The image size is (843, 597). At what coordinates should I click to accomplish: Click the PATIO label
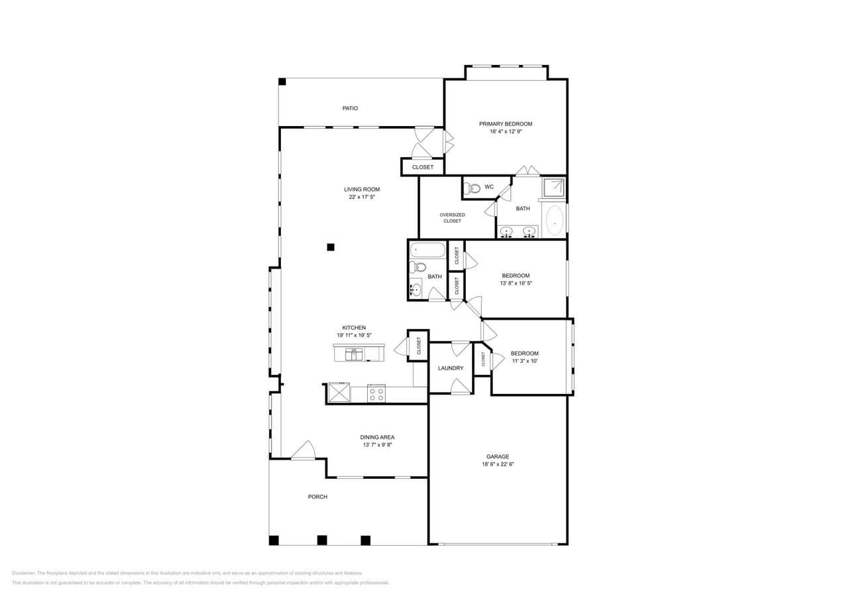pyautogui.click(x=350, y=108)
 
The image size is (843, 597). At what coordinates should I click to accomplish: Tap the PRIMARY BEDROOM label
pyautogui.click(x=506, y=124)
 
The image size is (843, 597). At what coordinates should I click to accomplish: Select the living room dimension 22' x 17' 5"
pyautogui.click(x=362, y=197)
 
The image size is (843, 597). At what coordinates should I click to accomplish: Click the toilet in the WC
pyautogui.click(x=472, y=188)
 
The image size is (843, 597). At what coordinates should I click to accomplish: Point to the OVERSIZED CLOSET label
pyautogui.click(x=452, y=218)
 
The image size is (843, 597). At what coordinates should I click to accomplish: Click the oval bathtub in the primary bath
pyautogui.click(x=554, y=220)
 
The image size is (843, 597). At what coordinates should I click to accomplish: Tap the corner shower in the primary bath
pyautogui.click(x=553, y=188)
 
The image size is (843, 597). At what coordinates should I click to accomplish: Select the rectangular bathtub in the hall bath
pyautogui.click(x=427, y=250)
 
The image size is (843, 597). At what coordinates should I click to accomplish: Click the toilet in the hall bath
pyautogui.click(x=418, y=267)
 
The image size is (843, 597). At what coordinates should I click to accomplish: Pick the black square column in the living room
pyautogui.click(x=331, y=247)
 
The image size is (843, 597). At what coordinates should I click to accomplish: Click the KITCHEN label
pyautogui.click(x=354, y=328)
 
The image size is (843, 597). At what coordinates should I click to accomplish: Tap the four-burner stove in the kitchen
pyautogui.click(x=376, y=394)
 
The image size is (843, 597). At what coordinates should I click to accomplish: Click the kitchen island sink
pyautogui.click(x=354, y=354)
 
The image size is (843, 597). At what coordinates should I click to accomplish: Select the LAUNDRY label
pyautogui.click(x=451, y=368)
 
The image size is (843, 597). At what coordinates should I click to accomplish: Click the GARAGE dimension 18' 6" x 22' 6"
pyautogui.click(x=498, y=464)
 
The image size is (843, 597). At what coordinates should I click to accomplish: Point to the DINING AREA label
pyautogui.click(x=377, y=437)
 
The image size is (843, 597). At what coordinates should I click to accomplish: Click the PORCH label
pyautogui.click(x=317, y=497)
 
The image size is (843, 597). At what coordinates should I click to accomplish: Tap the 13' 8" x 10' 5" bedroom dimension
pyautogui.click(x=516, y=283)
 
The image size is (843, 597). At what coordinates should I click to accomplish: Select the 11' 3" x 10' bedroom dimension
pyautogui.click(x=524, y=362)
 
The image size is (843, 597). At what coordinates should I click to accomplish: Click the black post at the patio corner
pyautogui.click(x=282, y=82)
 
